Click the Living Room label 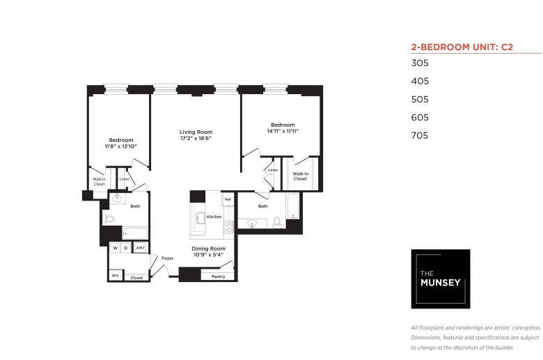click(196, 132)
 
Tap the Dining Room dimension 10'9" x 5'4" click(208, 255)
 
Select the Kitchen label click(214, 217)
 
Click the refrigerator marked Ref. click(228, 199)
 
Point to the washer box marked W click(116, 248)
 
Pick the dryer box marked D click(126, 248)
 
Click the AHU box click(140, 247)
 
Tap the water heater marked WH click(116, 276)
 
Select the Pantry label click(218, 276)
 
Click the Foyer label click(167, 258)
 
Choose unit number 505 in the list click(420, 100)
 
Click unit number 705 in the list click(420, 136)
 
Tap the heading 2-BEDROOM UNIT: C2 click(462, 47)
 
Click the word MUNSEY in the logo click(441, 283)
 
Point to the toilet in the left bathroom click(109, 219)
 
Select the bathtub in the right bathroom click(292, 206)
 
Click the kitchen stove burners click(228, 227)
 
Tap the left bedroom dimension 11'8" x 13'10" click(121, 146)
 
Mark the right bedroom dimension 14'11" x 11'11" click(283, 131)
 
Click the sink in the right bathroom click(252, 224)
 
